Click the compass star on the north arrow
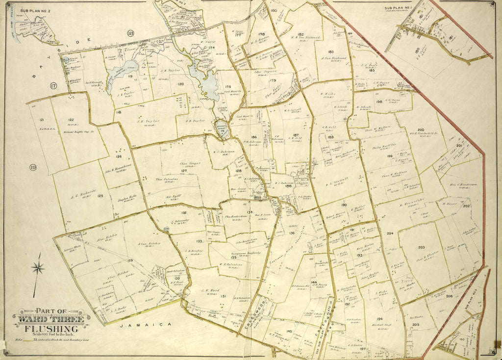click(38, 268)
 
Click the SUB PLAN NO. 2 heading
click(28, 9)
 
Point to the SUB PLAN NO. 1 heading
click(397, 8)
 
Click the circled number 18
click(130, 33)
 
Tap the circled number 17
click(53, 86)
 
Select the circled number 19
click(33, 168)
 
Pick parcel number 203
click(421, 247)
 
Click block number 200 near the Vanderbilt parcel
click(421, 130)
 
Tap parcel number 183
click(331, 51)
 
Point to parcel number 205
click(415, 325)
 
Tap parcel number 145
click(289, 332)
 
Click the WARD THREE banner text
click(50, 320)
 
